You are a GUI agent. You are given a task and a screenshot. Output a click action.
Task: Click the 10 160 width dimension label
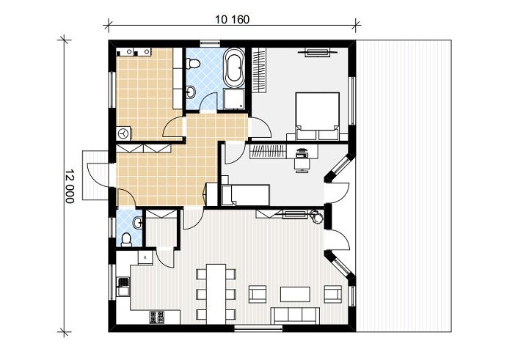pos(233,20)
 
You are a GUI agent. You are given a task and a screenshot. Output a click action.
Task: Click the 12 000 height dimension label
pos(70,186)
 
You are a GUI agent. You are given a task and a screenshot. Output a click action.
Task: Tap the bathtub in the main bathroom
pos(235,67)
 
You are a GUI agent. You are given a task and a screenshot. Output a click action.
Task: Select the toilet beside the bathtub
pos(193,63)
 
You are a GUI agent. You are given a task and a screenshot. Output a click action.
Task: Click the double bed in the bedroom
pos(317,116)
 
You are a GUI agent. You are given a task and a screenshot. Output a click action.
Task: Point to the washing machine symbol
pos(124,133)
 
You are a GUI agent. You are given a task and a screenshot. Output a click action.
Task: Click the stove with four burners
pos(157,317)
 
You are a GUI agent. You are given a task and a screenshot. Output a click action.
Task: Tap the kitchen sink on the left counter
pos(123,286)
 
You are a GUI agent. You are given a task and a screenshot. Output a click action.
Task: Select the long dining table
pos(216,294)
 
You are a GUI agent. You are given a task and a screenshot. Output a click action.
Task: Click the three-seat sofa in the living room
pos(296,315)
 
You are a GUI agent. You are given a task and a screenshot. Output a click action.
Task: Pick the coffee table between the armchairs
pos(295,294)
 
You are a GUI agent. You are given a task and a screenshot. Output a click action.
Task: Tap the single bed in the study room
pos(246,195)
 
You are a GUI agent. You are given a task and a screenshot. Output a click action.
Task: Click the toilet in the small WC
pos(126,240)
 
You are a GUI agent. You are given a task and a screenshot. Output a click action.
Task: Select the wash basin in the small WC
pos(138,223)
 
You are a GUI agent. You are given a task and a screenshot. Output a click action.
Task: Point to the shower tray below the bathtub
pos(234,100)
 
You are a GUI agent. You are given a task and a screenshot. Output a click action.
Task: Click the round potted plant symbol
pos(317,216)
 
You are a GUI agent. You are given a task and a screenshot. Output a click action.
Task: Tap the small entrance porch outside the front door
pos(95,176)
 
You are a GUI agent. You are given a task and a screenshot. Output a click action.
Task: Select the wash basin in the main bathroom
pos(191,92)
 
